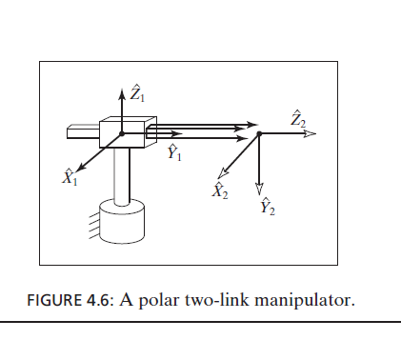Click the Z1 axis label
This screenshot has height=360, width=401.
point(138,92)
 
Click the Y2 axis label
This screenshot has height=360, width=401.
point(267,207)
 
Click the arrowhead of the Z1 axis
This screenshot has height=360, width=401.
point(122,95)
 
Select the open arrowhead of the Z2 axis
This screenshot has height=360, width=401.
point(309,134)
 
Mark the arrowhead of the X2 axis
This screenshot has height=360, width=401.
point(224,172)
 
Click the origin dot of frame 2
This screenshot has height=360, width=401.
point(259,134)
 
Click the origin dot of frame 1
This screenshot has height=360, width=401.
point(122,134)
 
